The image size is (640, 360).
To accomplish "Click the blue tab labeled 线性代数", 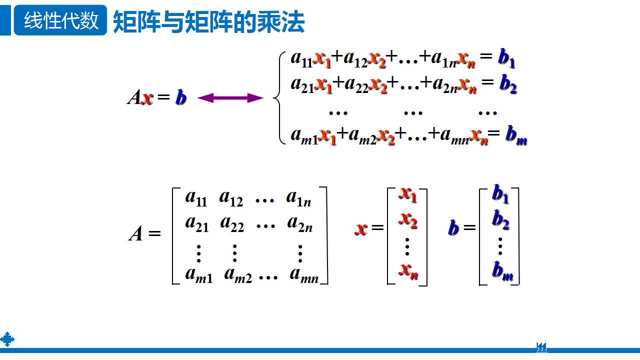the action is tap(60, 21).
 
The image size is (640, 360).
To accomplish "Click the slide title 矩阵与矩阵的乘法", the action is tap(208, 22).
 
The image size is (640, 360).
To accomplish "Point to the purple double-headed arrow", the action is tap(230, 98).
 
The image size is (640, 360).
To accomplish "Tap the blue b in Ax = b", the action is tap(180, 98).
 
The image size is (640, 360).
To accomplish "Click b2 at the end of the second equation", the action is tap(507, 86).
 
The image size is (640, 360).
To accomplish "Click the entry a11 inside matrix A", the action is tap(195, 197).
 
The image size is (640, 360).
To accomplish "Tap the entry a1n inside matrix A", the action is tap(298, 198).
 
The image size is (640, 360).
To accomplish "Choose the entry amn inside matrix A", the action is tap(304, 275).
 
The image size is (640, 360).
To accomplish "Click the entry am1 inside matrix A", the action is tap(198, 275).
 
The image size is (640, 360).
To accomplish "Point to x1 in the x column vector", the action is tap(407, 194).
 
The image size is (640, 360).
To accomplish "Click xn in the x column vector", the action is tap(408, 270).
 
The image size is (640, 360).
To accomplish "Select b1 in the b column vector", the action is tap(500, 194).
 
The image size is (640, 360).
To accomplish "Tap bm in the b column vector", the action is tap(502, 271).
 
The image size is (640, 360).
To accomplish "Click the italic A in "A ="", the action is tap(135, 233).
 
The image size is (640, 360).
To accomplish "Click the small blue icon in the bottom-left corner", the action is tap(7, 339).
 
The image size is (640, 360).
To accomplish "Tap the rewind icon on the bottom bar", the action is tap(541, 347).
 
